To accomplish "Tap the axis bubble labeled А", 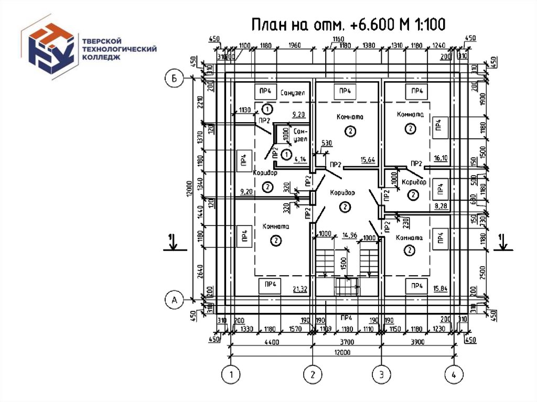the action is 174,300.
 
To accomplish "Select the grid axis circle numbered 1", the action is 231,374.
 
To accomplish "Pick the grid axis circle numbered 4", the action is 454,374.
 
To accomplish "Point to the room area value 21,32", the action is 300,289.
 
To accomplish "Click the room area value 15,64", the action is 368,160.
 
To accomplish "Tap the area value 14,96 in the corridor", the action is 350,235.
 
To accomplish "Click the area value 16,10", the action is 441,157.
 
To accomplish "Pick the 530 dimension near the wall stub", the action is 327,144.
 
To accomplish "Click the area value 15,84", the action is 439,289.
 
